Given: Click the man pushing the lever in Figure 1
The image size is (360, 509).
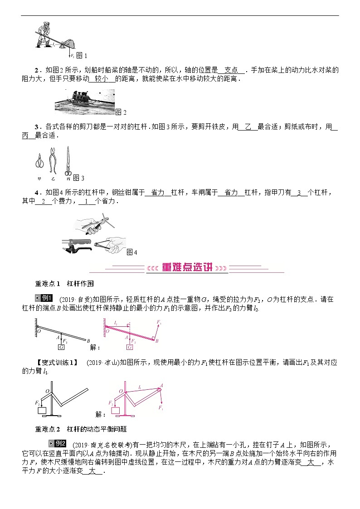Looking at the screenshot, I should click(45, 34).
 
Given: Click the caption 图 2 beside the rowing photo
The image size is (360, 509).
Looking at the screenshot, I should click(121, 112).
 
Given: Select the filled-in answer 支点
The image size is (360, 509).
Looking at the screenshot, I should click(231, 70).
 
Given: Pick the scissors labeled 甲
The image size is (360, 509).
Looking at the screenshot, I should click(39, 162).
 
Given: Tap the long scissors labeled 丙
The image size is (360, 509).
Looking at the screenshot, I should click(68, 160).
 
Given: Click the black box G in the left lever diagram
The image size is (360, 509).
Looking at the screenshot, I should click(61, 347).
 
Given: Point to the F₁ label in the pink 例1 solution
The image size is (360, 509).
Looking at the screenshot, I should click(159, 321).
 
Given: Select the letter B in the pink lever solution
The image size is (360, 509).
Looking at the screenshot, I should click(156, 341).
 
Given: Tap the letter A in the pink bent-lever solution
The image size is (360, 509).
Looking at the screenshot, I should click(162, 385).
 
